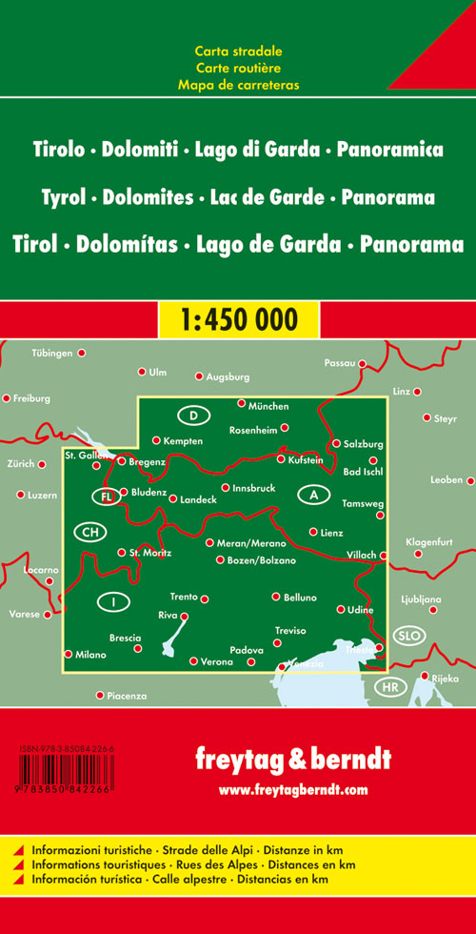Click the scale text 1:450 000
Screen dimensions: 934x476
(x=237, y=317)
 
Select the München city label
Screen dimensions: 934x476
(x=268, y=406)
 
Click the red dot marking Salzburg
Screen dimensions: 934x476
(x=336, y=443)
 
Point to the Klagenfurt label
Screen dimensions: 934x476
(x=430, y=541)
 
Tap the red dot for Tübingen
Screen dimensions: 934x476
(x=82, y=354)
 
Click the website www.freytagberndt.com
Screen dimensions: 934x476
(x=292, y=790)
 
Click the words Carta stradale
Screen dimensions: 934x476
(x=238, y=51)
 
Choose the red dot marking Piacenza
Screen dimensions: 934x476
(x=100, y=695)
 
